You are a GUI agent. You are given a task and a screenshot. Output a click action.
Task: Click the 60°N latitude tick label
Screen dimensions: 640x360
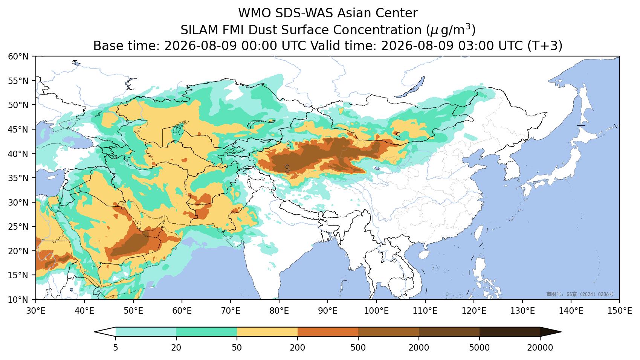(x=18, y=56)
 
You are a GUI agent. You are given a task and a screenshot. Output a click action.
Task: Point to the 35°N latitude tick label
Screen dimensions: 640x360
(x=18, y=178)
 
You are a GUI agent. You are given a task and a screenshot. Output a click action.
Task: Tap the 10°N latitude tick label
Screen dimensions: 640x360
(x=18, y=300)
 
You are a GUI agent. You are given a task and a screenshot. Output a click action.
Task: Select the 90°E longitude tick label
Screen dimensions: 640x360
(x=328, y=311)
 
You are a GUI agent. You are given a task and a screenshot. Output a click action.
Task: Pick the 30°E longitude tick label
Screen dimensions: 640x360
(x=36, y=311)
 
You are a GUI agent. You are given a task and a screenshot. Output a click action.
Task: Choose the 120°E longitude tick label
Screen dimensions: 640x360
(x=474, y=311)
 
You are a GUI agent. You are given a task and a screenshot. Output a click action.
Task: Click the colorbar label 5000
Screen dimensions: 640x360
(x=480, y=348)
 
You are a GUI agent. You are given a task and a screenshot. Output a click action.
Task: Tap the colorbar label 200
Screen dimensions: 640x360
(x=298, y=348)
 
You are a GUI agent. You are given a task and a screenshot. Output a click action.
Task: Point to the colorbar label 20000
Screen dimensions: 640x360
(x=540, y=348)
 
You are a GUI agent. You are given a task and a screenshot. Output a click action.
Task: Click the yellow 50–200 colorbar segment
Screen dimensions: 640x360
(x=267, y=332)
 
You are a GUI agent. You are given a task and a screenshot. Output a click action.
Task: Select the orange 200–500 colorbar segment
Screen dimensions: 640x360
(x=328, y=332)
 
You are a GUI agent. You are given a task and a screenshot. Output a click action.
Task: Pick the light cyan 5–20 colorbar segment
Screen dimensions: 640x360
(x=146, y=332)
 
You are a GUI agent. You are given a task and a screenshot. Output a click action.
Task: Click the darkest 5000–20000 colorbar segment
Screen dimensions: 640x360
(x=510, y=332)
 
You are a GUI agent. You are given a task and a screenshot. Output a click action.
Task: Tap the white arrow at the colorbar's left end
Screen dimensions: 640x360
(x=105, y=332)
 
